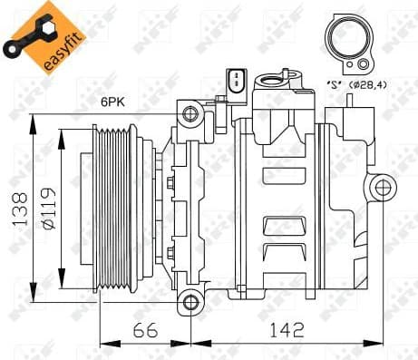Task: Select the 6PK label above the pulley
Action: pos(112,102)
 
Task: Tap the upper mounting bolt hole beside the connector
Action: pos(190,113)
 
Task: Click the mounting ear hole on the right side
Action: pos(384,188)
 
